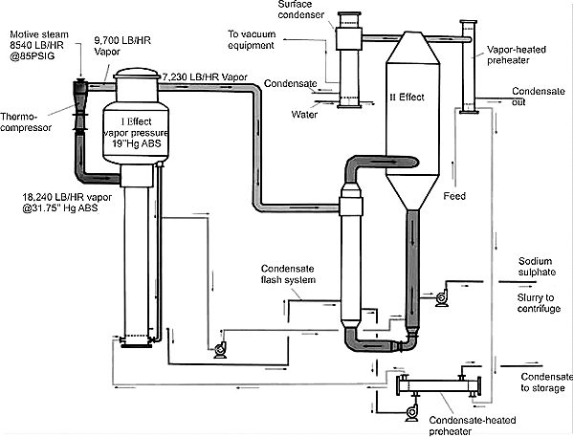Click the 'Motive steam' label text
click(x=38, y=34)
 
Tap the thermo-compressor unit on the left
click(x=80, y=104)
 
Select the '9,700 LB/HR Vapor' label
click(x=122, y=46)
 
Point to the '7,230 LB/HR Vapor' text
click(x=205, y=77)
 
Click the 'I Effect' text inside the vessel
click(x=136, y=121)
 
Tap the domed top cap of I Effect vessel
click(x=137, y=74)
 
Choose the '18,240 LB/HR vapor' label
click(x=67, y=197)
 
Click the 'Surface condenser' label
click(x=300, y=10)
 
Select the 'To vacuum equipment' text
click(x=252, y=39)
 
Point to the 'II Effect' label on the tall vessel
click(x=408, y=98)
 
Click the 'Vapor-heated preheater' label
click(x=516, y=55)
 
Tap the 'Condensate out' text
click(x=538, y=97)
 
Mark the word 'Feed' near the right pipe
click(x=454, y=196)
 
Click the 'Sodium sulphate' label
click(x=537, y=267)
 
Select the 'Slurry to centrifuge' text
click(x=539, y=303)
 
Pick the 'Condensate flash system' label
click(x=288, y=274)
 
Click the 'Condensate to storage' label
click(x=546, y=382)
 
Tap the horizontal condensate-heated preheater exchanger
click(x=439, y=385)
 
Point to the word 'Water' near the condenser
click(x=304, y=115)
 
